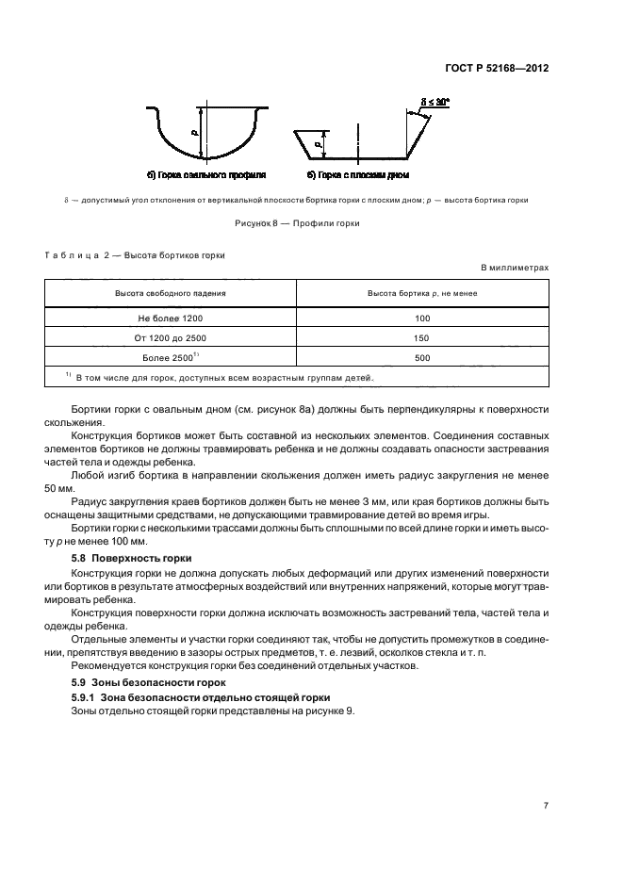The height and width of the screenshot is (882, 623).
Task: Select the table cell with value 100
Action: click(421, 318)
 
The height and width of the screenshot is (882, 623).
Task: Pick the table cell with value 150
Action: click(421, 338)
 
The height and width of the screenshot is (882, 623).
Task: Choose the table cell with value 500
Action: click(421, 358)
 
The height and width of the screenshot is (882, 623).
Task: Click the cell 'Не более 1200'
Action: click(170, 318)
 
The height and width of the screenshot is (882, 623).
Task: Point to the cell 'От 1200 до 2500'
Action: click(170, 338)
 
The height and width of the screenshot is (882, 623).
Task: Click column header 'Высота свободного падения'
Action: click(170, 294)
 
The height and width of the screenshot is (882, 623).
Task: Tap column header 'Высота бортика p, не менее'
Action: click(421, 294)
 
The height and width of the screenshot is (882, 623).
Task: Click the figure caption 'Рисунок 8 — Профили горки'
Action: click(298, 223)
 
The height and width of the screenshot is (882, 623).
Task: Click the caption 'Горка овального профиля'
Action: click(206, 175)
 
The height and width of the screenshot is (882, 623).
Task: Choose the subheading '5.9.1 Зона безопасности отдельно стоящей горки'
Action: click(200, 696)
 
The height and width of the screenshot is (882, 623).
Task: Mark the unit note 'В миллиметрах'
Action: click(515, 268)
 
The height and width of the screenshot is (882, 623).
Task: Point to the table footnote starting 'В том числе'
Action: click(220, 378)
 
